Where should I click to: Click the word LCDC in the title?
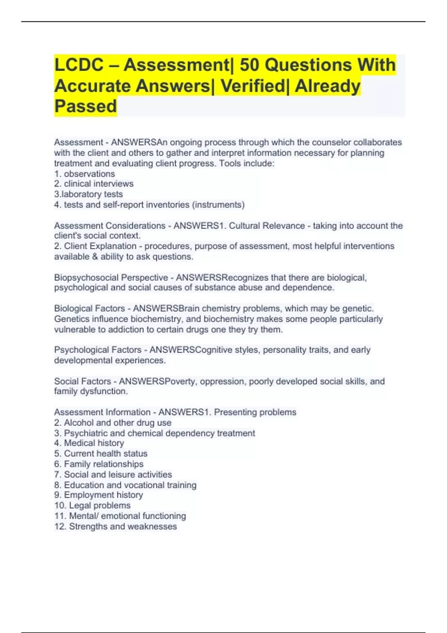pos(79,65)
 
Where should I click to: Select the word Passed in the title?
pos(86,106)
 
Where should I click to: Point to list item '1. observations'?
pos(85,174)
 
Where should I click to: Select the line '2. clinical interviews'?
pos(93,184)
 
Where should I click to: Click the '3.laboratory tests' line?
pos(88,194)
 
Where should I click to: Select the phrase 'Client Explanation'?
pos(100,246)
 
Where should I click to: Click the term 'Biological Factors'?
pos(89,309)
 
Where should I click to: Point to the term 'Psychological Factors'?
pos(98,350)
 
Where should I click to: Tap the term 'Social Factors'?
pos(82,381)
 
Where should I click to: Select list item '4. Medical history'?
pos(89,443)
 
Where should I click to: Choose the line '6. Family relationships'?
pos(99,464)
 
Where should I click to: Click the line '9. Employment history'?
pos(98,495)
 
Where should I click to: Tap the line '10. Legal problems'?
pos(92,505)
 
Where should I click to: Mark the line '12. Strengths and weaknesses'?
pos(115,527)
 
